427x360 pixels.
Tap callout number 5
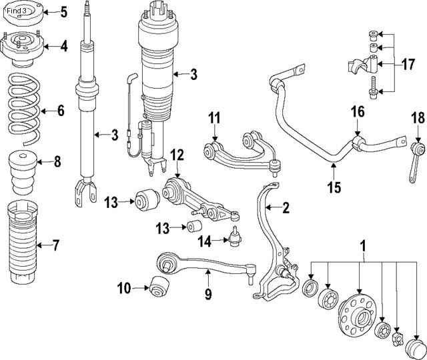click(x=63, y=12)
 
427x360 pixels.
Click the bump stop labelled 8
click(x=22, y=160)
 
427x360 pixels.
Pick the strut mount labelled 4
click(x=23, y=48)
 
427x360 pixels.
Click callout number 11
click(x=213, y=119)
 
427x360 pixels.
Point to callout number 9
click(x=207, y=293)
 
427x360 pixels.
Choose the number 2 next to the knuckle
click(x=285, y=209)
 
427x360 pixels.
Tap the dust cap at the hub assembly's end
click(x=416, y=349)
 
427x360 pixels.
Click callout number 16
click(x=358, y=111)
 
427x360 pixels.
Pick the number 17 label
click(x=408, y=65)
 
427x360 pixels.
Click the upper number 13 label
click(x=110, y=201)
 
